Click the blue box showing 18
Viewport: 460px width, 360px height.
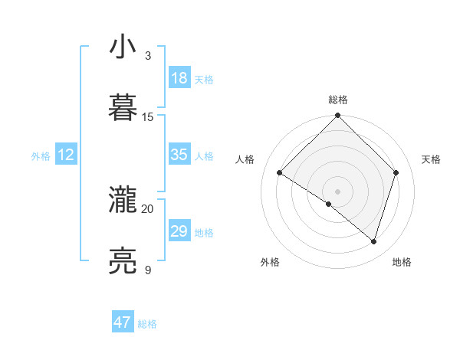(179, 78)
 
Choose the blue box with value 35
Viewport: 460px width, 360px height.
(179, 155)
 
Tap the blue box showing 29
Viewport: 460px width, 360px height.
(179, 231)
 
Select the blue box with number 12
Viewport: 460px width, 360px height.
(66, 155)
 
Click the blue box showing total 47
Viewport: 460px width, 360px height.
(123, 322)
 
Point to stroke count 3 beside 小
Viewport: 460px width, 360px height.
(148, 56)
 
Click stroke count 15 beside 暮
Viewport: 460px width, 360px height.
(148, 117)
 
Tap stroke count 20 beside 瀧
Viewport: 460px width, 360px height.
(148, 209)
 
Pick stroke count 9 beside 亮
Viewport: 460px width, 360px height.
(148, 270)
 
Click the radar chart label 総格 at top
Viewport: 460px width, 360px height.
(338, 100)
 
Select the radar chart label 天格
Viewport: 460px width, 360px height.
(431, 159)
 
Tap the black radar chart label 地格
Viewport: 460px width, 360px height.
(402, 262)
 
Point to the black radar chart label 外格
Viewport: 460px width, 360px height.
(270, 262)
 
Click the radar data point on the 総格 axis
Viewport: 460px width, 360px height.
(337, 116)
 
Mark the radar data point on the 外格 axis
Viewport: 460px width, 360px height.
(329, 204)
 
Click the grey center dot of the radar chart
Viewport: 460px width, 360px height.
(337, 191)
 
